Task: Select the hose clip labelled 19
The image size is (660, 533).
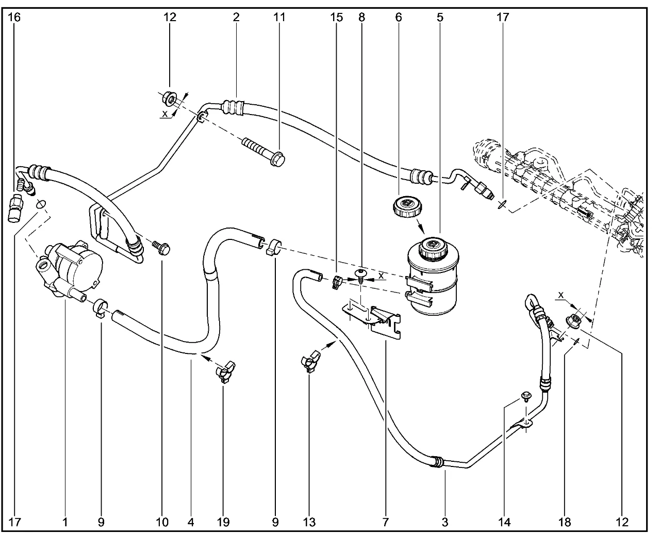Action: point(225,372)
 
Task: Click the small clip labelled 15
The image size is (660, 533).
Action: point(337,282)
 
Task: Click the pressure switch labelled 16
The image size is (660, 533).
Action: point(16,209)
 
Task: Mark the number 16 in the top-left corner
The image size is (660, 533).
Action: point(15,18)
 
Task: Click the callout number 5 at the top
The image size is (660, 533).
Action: point(439,18)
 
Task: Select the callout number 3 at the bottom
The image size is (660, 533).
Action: point(445,522)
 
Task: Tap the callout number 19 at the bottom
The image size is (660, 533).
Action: point(223,522)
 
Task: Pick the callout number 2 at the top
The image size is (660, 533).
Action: point(236,18)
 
